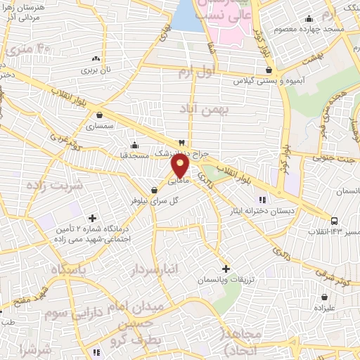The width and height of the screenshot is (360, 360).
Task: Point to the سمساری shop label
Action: click(99, 127)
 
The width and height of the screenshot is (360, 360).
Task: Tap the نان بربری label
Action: click(97, 71)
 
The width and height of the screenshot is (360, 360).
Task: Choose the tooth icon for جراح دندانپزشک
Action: click(183, 142)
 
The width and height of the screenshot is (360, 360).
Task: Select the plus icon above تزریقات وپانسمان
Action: click(226, 269)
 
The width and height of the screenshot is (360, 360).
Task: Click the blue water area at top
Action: click(187, 15)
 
